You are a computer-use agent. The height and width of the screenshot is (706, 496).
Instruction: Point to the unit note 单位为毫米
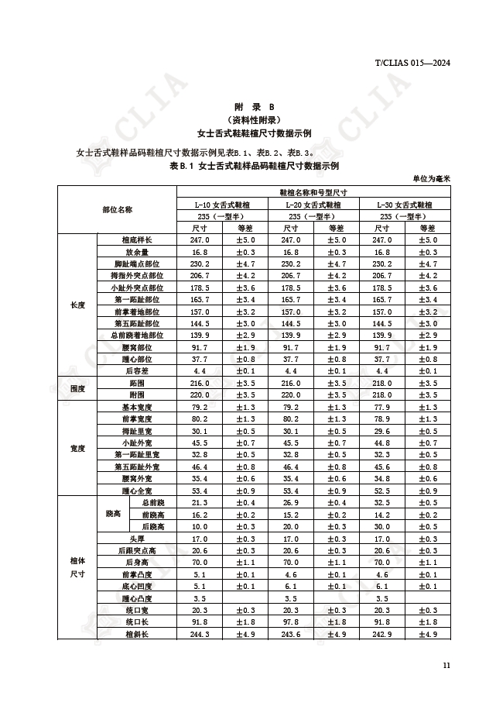(430, 178)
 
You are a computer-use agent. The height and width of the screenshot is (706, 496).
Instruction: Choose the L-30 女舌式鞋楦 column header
(405, 205)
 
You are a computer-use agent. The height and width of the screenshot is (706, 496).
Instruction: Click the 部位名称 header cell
(118, 209)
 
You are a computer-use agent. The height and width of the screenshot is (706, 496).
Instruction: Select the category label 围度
(77, 389)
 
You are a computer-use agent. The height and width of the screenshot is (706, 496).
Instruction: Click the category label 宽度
(77, 449)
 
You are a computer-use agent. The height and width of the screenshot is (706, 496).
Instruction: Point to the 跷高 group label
(112, 515)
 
